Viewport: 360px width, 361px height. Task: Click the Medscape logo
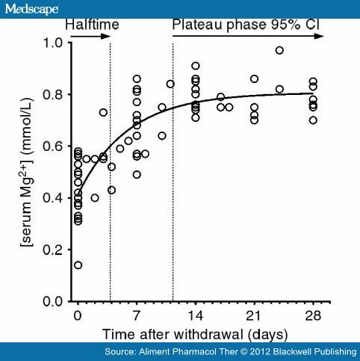[x=31, y=10]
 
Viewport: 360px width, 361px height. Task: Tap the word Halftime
[x=92, y=25]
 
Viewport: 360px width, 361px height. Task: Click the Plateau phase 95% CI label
[x=246, y=25]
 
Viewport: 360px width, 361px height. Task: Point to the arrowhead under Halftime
[x=105, y=37]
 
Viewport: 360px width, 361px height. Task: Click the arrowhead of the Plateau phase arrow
[x=319, y=37]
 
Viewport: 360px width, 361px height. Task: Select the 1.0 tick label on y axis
[x=53, y=43]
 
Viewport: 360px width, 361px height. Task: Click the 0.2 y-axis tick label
[x=53, y=250]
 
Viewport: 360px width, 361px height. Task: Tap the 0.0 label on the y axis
[x=53, y=302]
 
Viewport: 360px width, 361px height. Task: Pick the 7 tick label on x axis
[x=136, y=316]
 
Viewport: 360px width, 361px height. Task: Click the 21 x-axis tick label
[x=253, y=316]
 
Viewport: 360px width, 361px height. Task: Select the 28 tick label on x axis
[x=313, y=316]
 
